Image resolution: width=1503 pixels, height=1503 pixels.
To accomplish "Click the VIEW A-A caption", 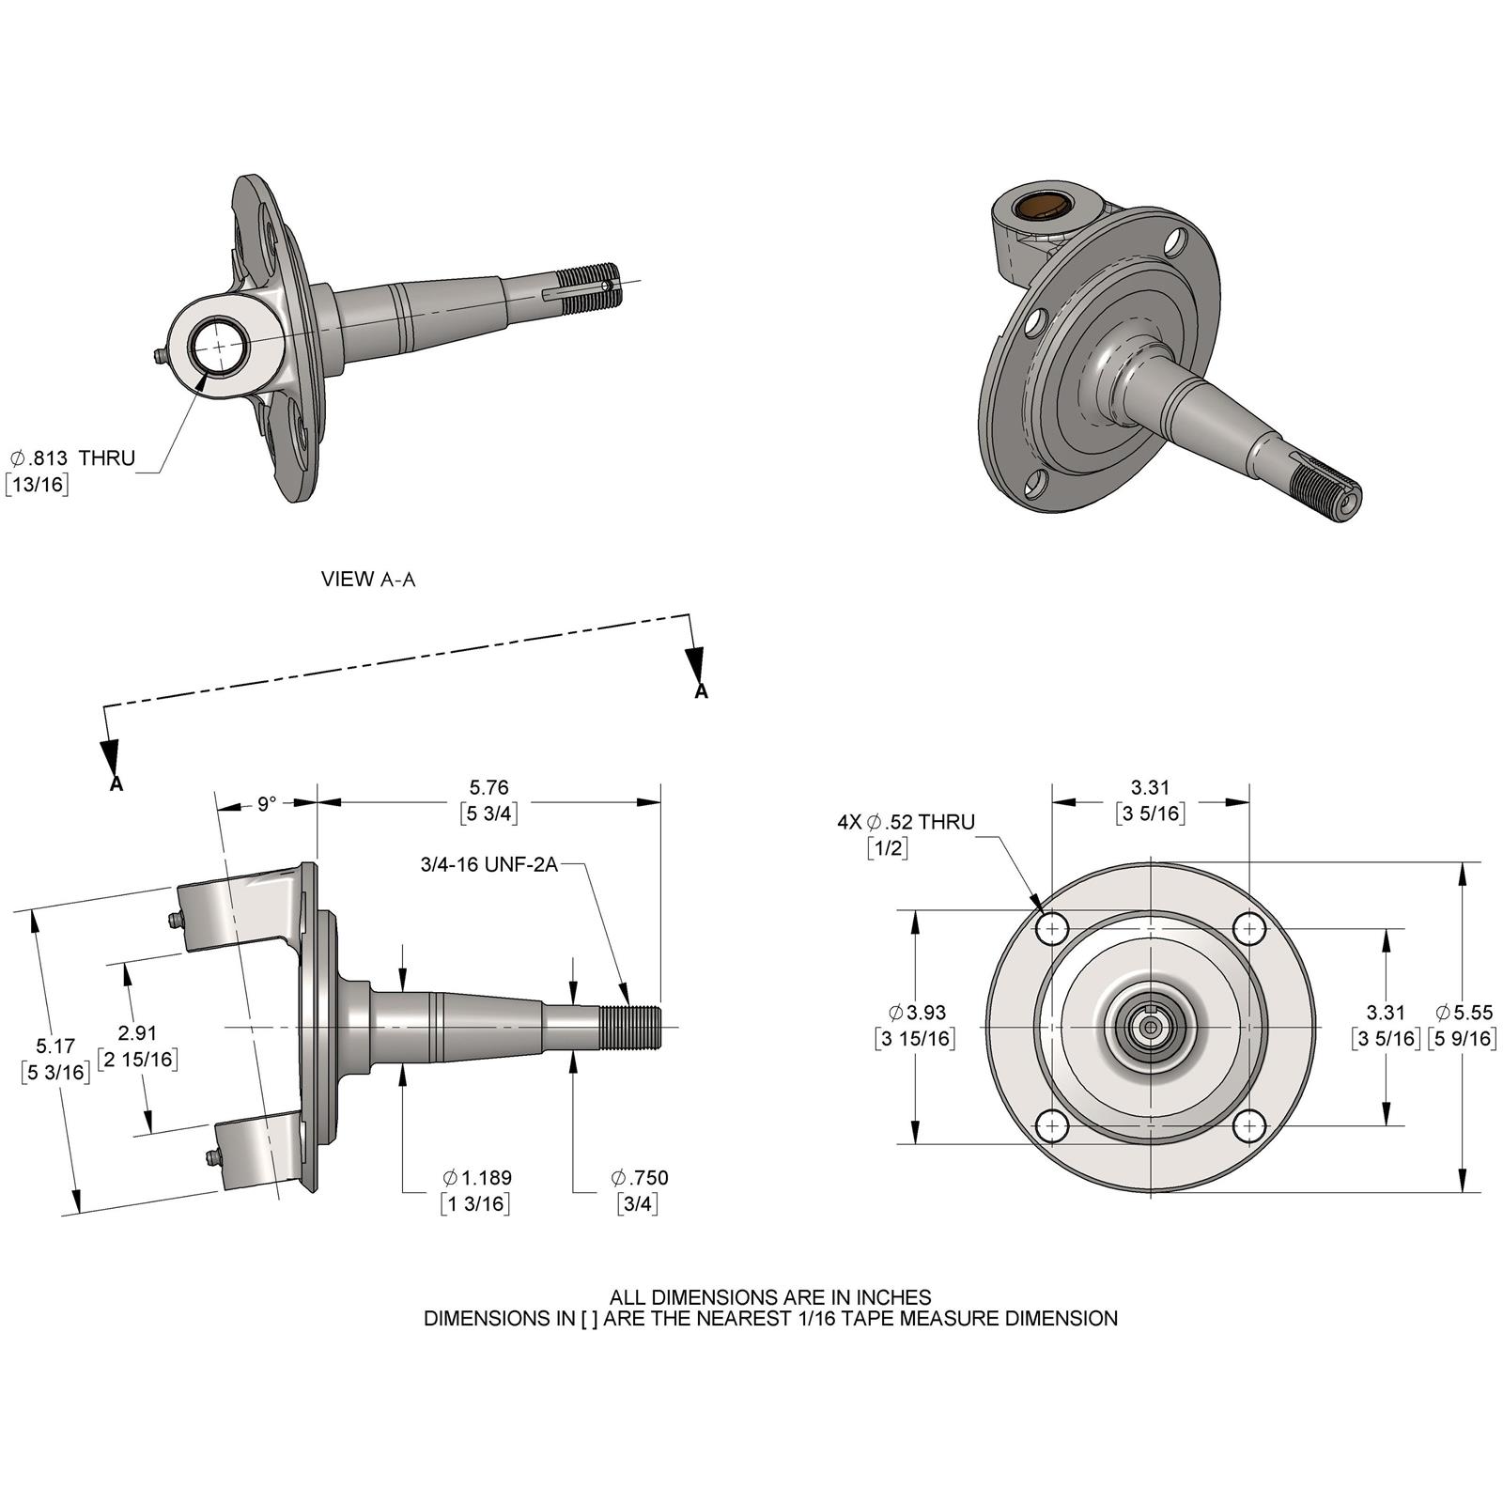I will pyautogui.click(x=367, y=580).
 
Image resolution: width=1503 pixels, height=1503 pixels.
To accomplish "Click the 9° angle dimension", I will pyautogui.click(x=267, y=804).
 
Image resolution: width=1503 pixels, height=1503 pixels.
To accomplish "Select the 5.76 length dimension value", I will pyautogui.click(x=488, y=788).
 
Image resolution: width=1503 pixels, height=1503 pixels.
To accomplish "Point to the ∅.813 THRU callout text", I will pyautogui.click(x=73, y=458).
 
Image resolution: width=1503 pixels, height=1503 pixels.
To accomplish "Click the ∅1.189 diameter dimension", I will pyautogui.click(x=477, y=1178).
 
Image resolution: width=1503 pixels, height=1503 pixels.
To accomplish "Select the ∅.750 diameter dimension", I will pyautogui.click(x=639, y=1178).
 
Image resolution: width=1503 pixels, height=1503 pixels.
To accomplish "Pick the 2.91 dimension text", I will pyautogui.click(x=137, y=1033).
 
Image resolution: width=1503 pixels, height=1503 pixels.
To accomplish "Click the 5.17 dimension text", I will pyautogui.click(x=54, y=1046).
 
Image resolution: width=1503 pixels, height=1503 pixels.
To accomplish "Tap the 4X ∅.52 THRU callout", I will pyautogui.click(x=906, y=822).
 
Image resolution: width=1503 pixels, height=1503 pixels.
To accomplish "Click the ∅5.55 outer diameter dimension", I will pyautogui.click(x=1464, y=1013).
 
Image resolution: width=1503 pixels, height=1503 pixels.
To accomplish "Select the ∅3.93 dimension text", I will pyautogui.click(x=917, y=1013).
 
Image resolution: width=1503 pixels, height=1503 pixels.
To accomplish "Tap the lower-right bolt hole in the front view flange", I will pyautogui.click(x=1248, y=1125).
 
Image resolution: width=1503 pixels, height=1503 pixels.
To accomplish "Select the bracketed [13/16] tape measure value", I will pyautogui.click(x=37, y=485).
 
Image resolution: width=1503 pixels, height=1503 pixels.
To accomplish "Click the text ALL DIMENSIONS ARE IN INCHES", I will pyautogui.click(x=770, y=1297).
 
